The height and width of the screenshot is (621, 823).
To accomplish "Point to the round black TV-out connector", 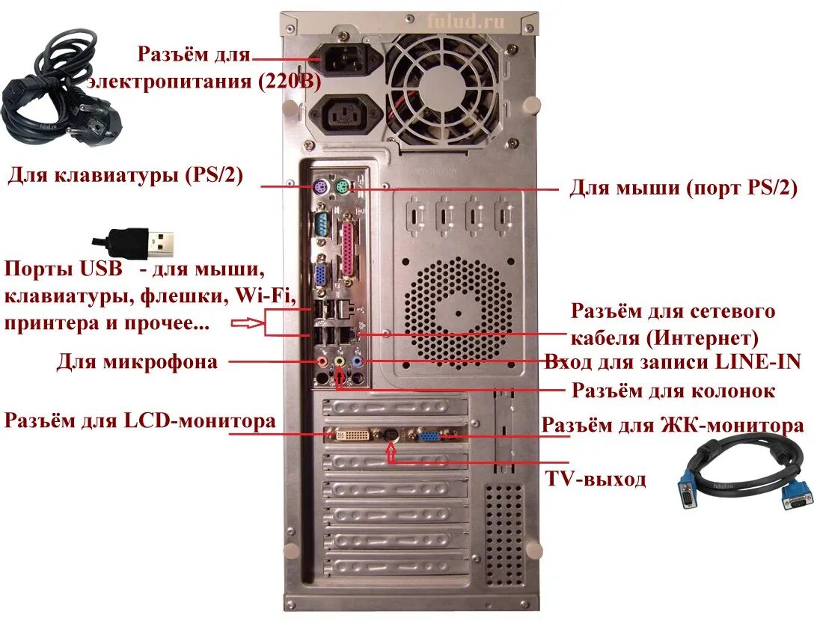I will pyautogui.click(x=391, y=435).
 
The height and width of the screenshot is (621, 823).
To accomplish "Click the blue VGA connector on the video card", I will pyautogui.click(x=430, y=437).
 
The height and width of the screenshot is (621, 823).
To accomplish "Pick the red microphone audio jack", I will pyautogui.click(x=322, y=361).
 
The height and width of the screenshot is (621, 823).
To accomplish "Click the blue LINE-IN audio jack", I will pyautogui.click(x=357, y=361).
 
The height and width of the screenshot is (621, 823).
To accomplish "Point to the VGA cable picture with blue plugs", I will pyautogui.click(x=741, y=475).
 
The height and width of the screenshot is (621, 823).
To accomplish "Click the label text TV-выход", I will pyautogui.click(x=595, y=480).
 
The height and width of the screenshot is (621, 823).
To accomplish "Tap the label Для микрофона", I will pyautogui.click(x=137, y=363).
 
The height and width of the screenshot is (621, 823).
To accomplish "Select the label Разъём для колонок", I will pyautogui.click(x=673, y=391).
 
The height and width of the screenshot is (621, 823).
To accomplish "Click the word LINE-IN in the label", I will pyautogui.click(x=758, y=362).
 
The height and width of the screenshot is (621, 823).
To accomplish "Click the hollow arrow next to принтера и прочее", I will pyautogui.click(x=246, y=324).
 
